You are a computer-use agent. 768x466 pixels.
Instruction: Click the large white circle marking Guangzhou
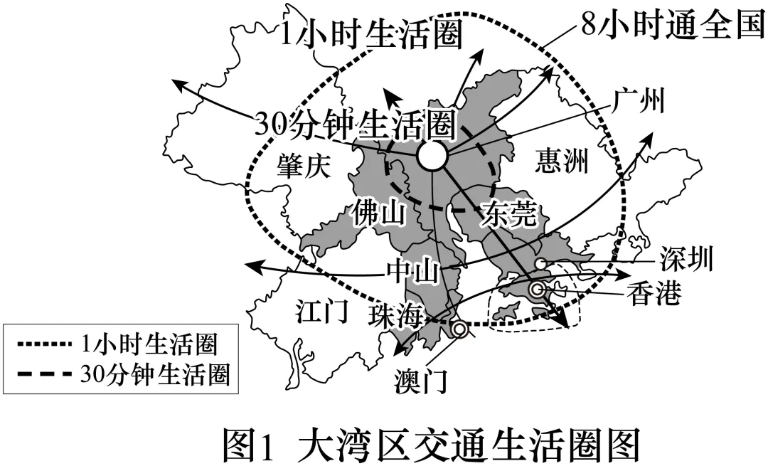pyautogui.click(x=431, y=156)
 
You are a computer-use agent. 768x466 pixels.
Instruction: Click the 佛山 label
pyautogui.click(x=378, y=213)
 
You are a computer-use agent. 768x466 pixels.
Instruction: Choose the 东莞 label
pyautogui.click(x=509, y=213)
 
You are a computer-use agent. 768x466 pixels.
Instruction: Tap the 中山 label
pyautogui.click(x=412, y=271)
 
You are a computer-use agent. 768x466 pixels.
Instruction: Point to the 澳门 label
pyautogui.click(x=420, y=383)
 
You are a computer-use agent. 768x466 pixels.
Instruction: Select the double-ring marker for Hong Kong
pyautogui.click(x=538, y=289)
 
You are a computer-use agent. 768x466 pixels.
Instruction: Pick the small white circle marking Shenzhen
pyautogui.click(x=540, y=265)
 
